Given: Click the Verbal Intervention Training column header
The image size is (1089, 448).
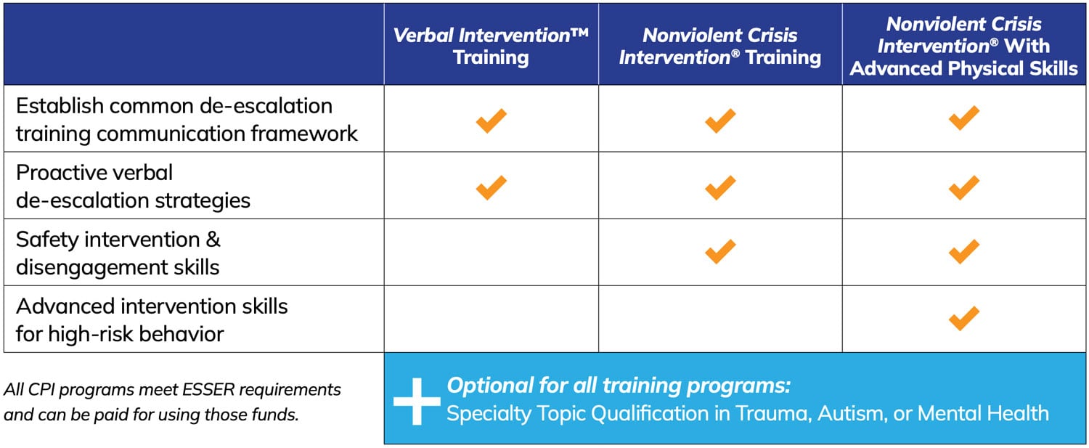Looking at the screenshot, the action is point(491,46).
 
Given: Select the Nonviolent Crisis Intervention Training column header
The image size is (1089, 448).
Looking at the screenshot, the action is point(720,46).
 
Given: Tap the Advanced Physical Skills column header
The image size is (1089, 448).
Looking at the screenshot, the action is point(963,46).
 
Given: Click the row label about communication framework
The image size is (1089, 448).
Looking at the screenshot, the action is point(187,119).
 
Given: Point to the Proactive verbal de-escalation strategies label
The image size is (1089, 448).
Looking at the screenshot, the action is point(133,187).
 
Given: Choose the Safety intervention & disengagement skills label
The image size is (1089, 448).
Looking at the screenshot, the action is point(118,253).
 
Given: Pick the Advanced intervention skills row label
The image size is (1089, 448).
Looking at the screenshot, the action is point(152,320).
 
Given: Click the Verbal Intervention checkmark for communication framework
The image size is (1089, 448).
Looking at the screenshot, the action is point(491,120).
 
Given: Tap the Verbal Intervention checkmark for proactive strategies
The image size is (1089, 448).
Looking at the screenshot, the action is point(491,187).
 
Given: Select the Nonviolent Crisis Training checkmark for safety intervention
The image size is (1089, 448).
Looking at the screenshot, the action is point(720,251).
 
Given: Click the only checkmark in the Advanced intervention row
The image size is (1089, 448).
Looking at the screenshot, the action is point(963,319).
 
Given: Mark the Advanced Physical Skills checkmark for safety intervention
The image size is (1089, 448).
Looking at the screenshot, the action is point(963,251).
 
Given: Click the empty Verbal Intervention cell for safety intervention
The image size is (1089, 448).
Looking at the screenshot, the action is point(491,252).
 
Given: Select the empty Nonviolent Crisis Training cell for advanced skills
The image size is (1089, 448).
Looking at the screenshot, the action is point(720,319).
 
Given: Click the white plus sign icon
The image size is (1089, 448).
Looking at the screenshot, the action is point(417,402).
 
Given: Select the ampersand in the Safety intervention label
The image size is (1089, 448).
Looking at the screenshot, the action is point(213,240).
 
